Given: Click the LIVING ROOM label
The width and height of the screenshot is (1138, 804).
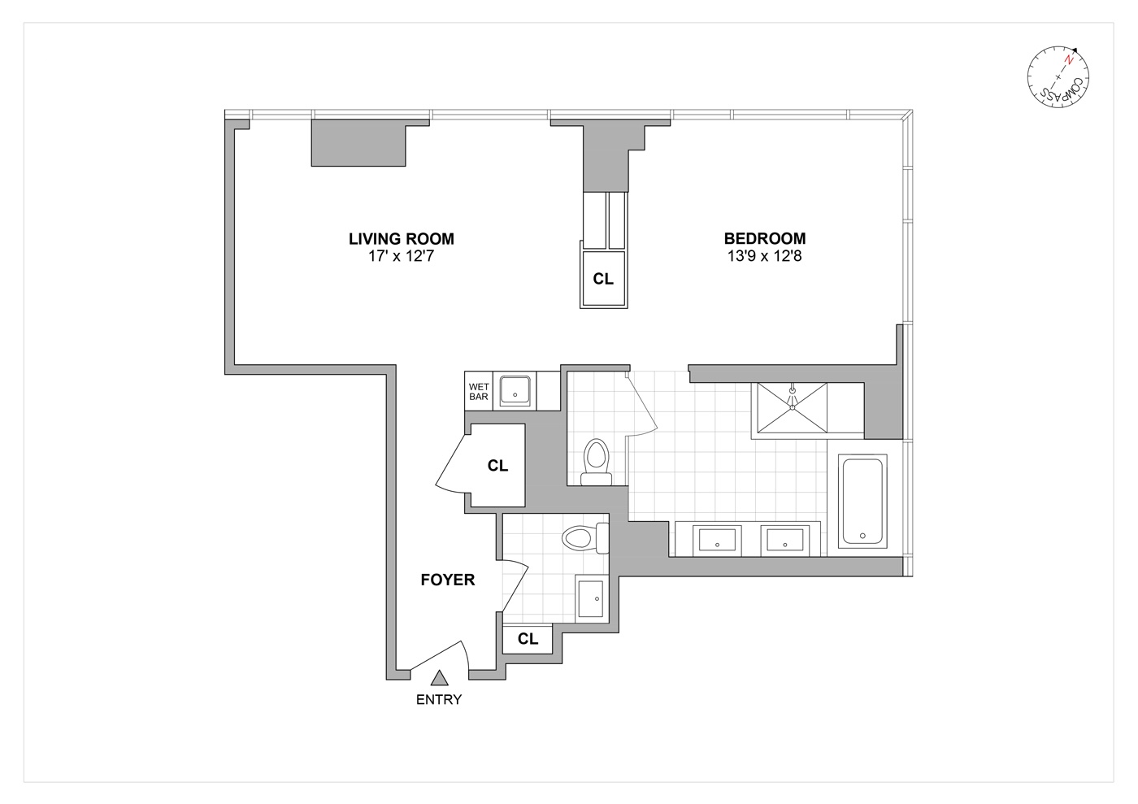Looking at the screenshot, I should point(401,239).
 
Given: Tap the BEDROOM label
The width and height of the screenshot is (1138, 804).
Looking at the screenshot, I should point(764,239).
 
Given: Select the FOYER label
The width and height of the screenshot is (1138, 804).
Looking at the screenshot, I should point(447,580).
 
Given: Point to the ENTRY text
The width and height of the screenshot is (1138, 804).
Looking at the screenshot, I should point(439,700).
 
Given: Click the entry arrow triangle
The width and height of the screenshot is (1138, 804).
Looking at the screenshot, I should point(440,678).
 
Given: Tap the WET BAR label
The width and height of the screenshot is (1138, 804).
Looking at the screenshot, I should point(479,391).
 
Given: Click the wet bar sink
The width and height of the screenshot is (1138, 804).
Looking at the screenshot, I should point(514,391).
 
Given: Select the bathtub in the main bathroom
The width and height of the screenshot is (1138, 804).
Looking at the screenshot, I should point(862,502).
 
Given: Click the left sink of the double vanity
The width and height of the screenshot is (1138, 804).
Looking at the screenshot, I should point(716,539).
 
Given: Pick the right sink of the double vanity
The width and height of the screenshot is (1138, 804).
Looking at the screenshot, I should point(784,539).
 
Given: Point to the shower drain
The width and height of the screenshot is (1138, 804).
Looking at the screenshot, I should point(792,391).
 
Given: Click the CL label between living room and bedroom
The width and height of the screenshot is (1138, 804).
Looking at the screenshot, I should point(603,279).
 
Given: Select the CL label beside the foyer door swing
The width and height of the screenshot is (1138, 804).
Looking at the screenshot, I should point(497,467).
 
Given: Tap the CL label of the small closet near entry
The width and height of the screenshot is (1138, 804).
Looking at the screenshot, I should point(528,640).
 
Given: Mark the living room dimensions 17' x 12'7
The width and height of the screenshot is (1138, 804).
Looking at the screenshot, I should point(401,258).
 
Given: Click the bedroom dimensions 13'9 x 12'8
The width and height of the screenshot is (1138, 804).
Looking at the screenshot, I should point(764,258).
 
